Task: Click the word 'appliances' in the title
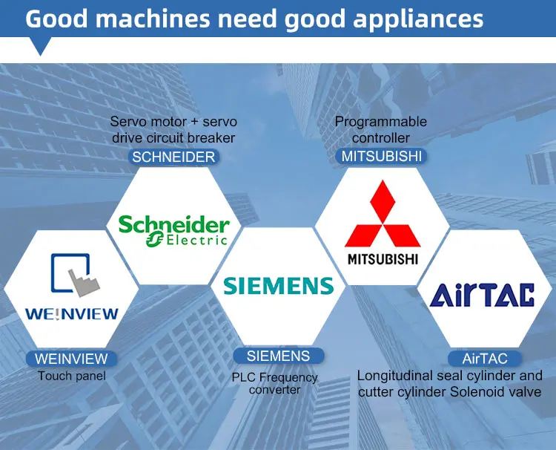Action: pos(418,19)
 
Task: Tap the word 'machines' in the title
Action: pos(153,19)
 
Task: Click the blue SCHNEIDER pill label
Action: pos(173,157)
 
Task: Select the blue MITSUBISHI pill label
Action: pos(382,156)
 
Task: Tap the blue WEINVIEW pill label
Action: pos(71,359)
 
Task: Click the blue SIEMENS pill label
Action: pos(278,356)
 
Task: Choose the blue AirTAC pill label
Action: pos(485,359)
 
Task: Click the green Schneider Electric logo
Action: pos(173,230)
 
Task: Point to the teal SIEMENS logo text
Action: pos(278,286)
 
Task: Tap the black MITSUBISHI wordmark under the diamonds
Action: pos(383,259)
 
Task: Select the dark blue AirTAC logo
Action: pos(482,295)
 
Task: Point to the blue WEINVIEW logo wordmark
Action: pos(72,314)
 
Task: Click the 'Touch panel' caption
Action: pos(72,376)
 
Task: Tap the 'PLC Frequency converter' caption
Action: pos(275,383)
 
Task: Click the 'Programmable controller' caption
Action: pos(381,129)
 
